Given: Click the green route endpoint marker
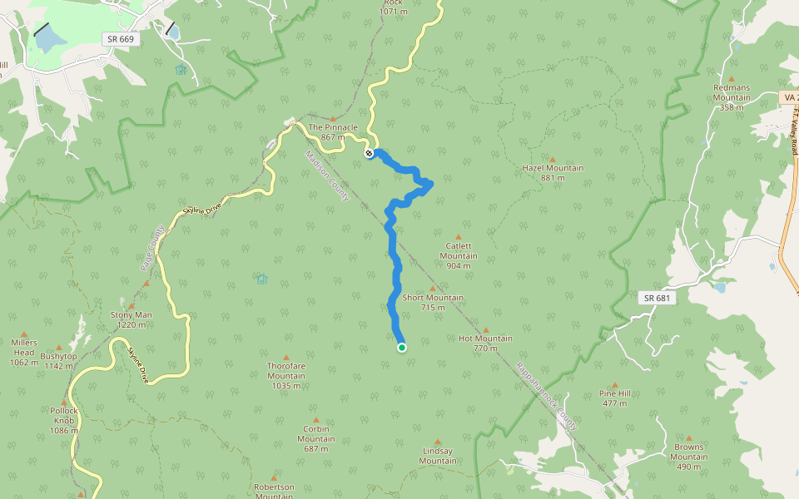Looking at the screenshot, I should click(402, 348).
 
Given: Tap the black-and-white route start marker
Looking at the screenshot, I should click(369, 153).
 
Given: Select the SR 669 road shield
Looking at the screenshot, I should click(122, 39).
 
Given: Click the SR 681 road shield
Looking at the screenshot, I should click(657, 298).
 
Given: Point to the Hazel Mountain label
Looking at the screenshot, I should click(552, 172).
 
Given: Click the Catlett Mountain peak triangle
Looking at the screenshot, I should click(458, 237).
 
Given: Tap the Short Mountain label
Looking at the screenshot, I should click(433, 302).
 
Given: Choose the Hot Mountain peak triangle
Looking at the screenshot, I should click(486, 330).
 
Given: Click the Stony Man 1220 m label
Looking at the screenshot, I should click(132, 319).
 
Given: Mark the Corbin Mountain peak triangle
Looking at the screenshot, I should click(315, 420).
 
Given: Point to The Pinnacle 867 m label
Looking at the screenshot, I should click(333, 131).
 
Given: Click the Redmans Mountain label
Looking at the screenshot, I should click(732, 92).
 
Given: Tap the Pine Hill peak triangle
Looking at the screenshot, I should click(615, 385).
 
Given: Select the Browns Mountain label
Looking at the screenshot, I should click(689, 452).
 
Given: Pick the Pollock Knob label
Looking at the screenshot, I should click(63, 415).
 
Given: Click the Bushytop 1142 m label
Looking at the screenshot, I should click(60, 360).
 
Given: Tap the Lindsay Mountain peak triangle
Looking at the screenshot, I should click(438, 442).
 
